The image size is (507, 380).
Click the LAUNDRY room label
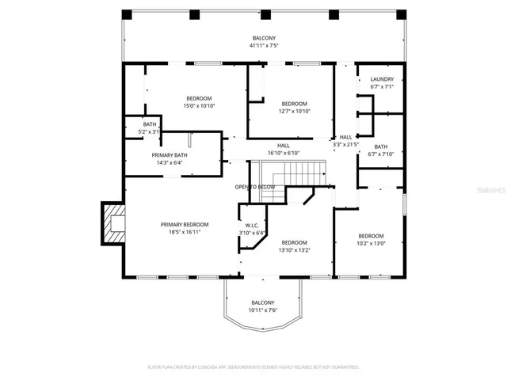[x=381, y=78]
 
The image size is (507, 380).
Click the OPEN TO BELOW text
[x=255, y=187]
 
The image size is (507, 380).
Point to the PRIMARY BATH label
[x=170, y=155]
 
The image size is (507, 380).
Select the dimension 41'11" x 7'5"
[x=265, y=46]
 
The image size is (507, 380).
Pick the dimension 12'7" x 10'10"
[x=295, y=112]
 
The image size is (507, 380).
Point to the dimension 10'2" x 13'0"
[x=371, y=244]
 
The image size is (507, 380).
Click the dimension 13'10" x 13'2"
[x=295, y=250]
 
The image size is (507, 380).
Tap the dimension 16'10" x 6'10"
[x=283, y=153]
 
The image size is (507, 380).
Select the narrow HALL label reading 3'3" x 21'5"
[x=345, y=145]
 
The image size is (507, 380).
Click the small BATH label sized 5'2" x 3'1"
[x=150, y=131]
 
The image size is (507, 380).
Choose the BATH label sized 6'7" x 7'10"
[x=381, y=154]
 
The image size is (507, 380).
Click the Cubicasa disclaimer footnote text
[x=253, y=367]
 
